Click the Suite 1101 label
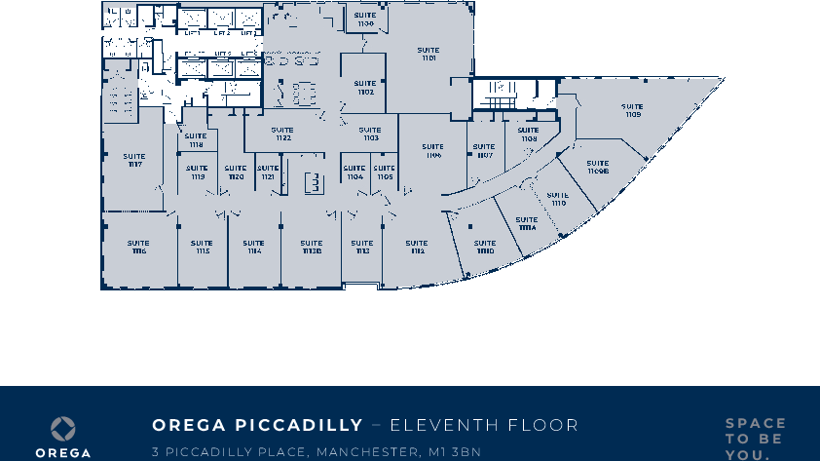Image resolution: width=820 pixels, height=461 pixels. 429,55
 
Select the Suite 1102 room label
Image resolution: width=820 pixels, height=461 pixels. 366,88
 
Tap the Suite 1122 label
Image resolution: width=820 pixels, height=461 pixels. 282,134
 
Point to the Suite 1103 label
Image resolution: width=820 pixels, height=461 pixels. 370,134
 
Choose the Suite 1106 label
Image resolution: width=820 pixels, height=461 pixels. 433,151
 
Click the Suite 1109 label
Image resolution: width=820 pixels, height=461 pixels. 633,110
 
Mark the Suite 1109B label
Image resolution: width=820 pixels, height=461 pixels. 598,167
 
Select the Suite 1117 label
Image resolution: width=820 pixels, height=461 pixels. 134,160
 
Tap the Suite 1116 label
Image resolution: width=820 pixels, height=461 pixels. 138,247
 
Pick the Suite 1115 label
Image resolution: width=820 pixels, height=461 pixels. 202,248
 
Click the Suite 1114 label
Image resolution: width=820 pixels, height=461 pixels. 253,248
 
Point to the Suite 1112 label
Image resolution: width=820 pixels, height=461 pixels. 417,248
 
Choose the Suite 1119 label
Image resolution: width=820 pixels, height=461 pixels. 198,173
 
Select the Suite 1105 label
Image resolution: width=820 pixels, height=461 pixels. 385,173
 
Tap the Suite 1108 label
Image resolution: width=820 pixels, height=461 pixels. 528,134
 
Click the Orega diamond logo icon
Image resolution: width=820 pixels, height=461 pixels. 63,429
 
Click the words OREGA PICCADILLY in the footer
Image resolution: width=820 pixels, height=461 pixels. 257,426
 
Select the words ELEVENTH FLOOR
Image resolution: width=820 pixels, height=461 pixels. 484,426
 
